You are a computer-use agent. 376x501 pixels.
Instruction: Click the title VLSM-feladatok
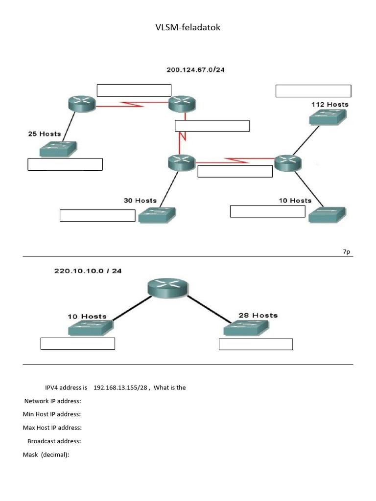coord(188,28)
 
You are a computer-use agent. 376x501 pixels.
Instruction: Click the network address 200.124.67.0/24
coord(195,70)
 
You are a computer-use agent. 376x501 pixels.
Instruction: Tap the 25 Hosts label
coord(45,134)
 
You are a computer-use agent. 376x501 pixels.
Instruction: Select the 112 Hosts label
coord(330,104)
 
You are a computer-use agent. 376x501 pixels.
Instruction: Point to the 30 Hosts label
coord(140,201)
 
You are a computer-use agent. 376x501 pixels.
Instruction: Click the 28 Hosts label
coord(258,316)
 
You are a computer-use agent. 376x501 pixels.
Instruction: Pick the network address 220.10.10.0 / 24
coord(88,271)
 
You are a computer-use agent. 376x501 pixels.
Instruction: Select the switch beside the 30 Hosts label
coord(157,215)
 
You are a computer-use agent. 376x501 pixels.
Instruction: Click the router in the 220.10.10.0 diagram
coord(167,288)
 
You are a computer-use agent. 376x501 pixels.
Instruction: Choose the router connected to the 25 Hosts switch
coord(81,104)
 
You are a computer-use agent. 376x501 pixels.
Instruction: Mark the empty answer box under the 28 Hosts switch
coord(256,344)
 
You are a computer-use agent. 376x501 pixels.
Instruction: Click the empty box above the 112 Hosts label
coord(313,91)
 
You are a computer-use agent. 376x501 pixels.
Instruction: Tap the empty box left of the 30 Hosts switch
coord(97,215)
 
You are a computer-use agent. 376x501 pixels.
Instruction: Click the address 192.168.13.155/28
coord(120,387)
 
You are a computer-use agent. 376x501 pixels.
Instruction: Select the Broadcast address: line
coord(54,441)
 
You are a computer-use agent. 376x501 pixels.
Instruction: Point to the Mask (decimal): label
coord(46,455)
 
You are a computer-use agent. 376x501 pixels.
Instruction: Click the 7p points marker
coord(346,251)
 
